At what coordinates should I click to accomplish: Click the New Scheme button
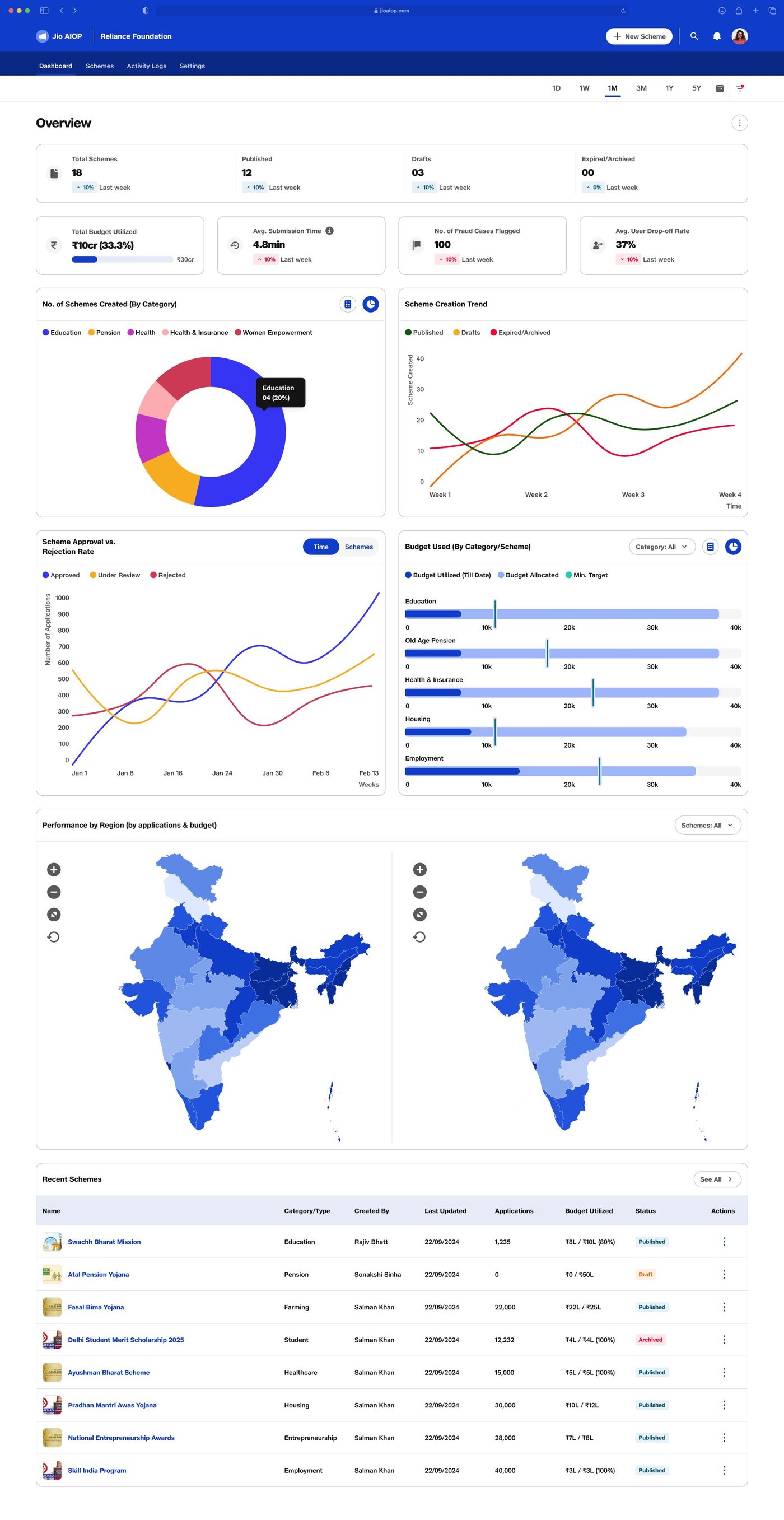coord(639,36)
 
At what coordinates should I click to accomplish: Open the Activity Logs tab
coord(146,66)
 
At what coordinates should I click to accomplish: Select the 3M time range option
coord(641,88)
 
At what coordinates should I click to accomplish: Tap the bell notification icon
coord(716,36)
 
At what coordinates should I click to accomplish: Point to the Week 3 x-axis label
coord(632,495)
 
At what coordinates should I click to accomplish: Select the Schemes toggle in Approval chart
coord(358,547)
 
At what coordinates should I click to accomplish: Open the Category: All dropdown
coord(661,547)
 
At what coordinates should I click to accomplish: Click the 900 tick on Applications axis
coord(63,614)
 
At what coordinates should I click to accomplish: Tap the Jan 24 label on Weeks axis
coord(222,773)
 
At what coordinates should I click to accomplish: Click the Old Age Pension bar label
coord(430,640)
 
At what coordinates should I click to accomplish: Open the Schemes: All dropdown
coord(707,825)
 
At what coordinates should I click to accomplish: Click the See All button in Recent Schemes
coord(716,1179)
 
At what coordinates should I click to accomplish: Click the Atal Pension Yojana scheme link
coord(98,1275)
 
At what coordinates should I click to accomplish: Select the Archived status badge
coord(650,1340)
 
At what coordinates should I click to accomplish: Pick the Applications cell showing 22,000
coord(505,1307)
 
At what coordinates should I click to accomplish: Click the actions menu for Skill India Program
coord(724,1471)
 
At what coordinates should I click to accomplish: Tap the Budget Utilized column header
coord(588,1211)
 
